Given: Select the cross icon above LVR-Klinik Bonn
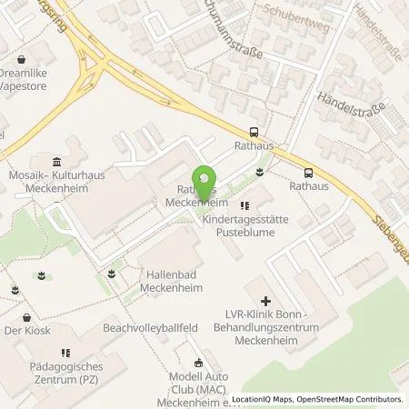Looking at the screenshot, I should pos(264,301).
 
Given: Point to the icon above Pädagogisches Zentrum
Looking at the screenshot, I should pos(64,354).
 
